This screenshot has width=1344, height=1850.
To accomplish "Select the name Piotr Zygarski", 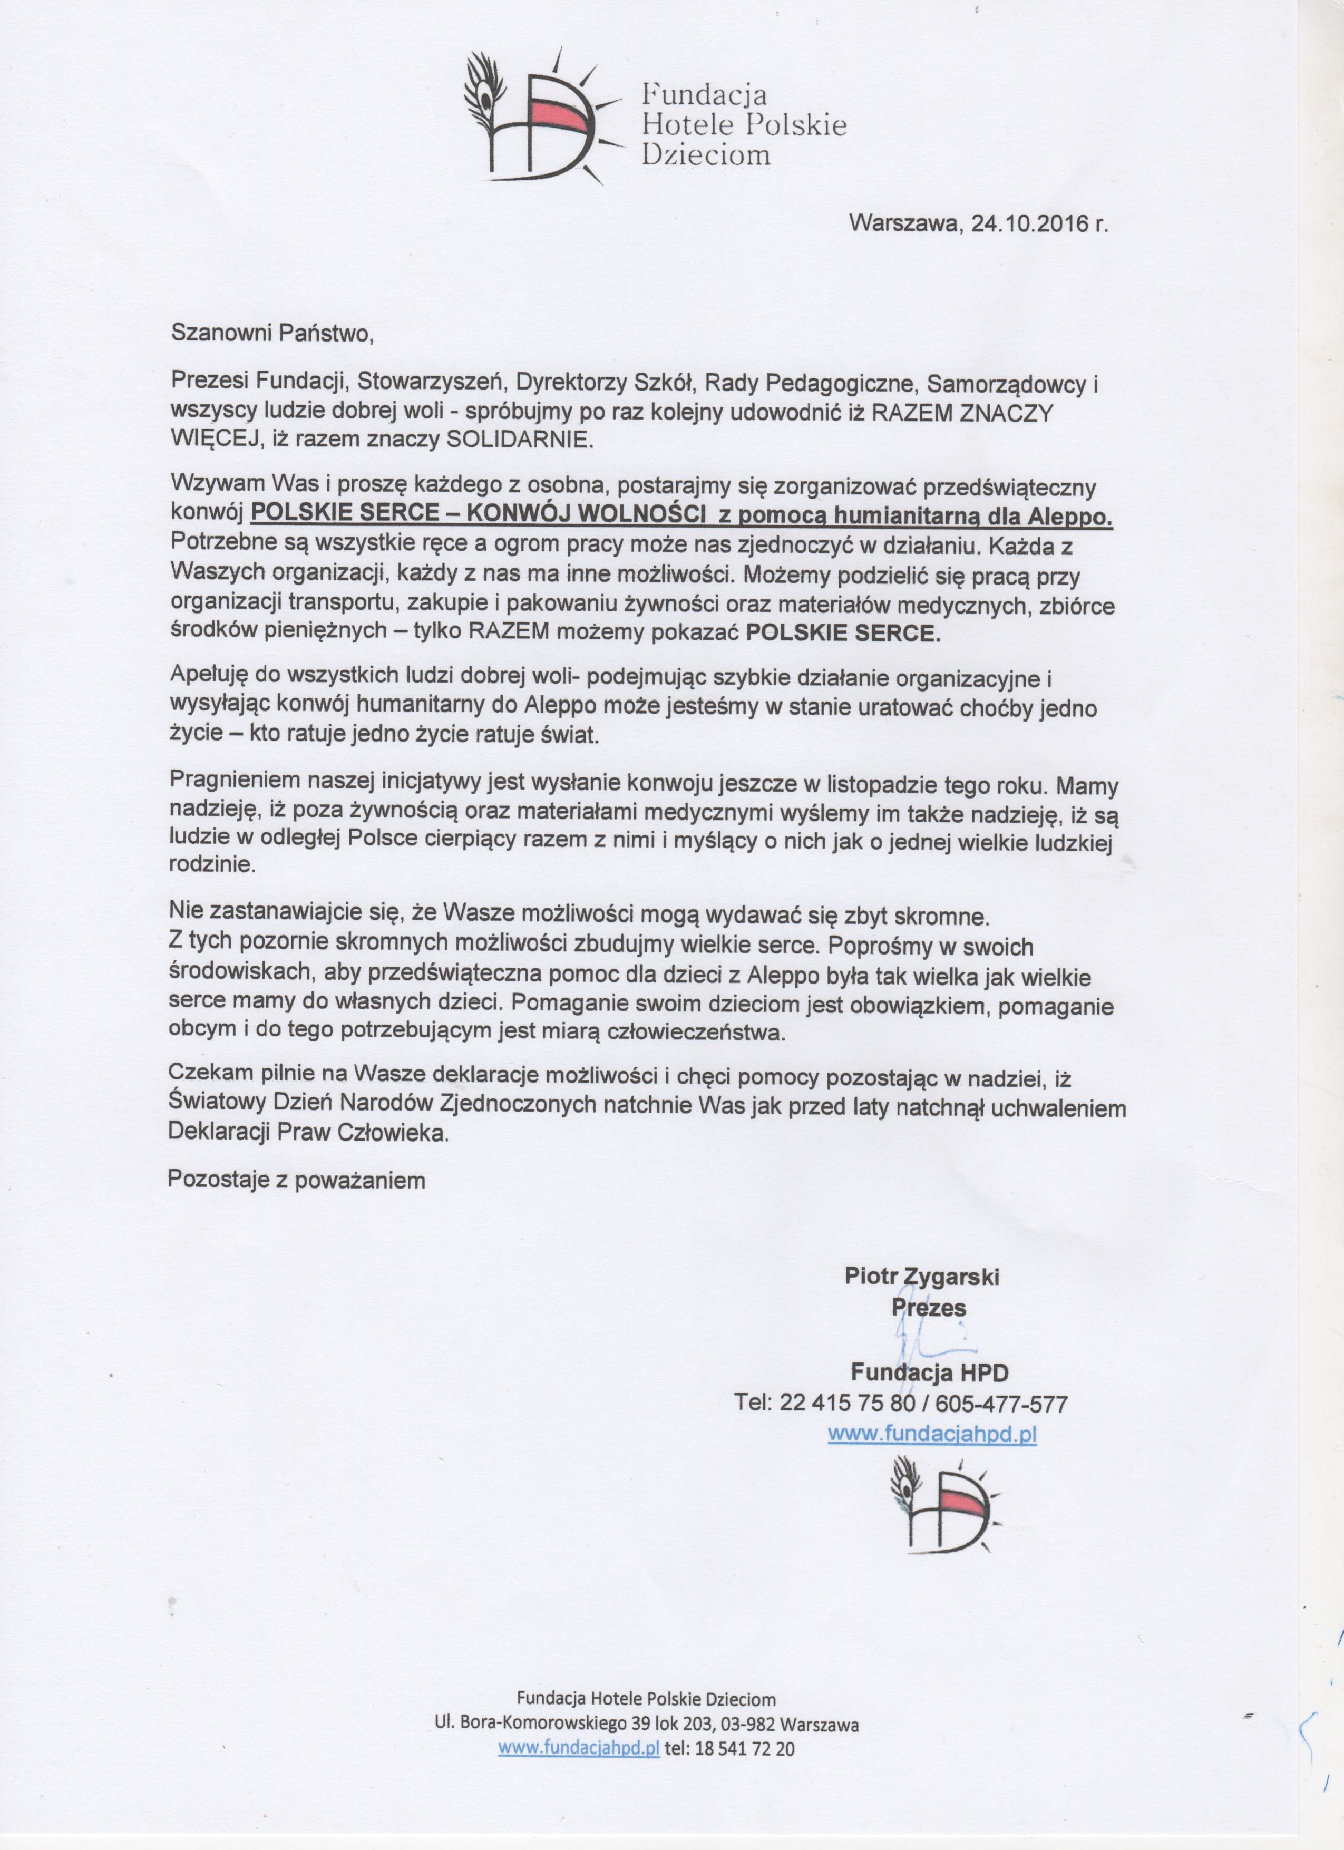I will (921, 1277).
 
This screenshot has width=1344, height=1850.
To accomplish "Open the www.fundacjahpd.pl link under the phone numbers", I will (931, 1434).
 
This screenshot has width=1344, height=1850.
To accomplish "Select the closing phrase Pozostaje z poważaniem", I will (297, 1180).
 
